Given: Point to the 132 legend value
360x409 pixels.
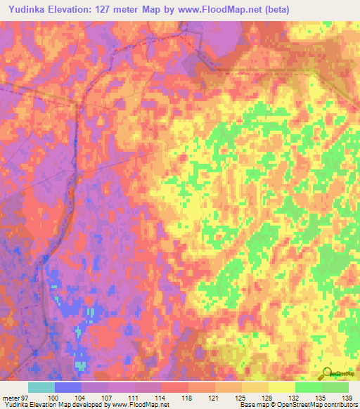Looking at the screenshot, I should pyautogui.click(x=295, y=398).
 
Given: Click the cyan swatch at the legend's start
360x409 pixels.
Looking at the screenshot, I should pyautogui.click(x=41, y=387).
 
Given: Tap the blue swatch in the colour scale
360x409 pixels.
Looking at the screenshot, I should pyautogui.click(x=68, y=387).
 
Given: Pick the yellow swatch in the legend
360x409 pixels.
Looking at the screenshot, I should pyautogui.click(x=282, y=387).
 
